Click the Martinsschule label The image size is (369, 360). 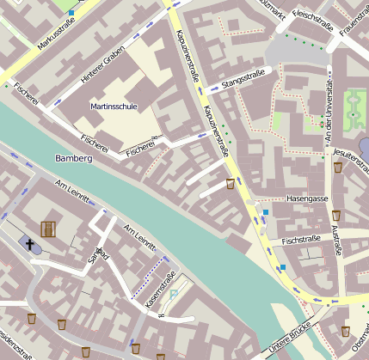coord(114,107)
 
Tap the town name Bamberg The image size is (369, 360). coord(72,159)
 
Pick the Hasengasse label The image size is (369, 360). coord(308,198)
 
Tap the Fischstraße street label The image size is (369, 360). coord(300,238)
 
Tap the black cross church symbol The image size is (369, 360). coord(29,245)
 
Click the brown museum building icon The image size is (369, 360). coord(47,229)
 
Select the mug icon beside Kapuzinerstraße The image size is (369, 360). coord(230,183)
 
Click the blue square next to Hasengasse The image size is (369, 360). coord(266,211)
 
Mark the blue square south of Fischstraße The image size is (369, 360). coord(281,267)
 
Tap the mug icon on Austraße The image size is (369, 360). coord(337,213)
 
